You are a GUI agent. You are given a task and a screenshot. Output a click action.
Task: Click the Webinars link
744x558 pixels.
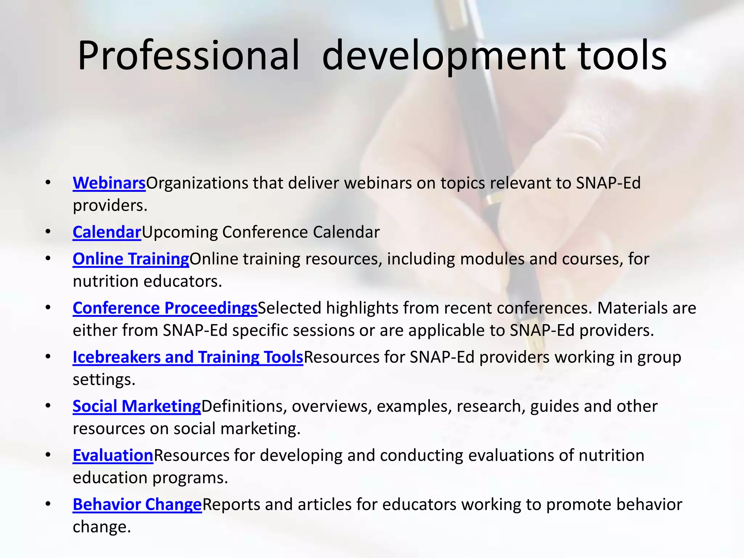(x=109, y=183)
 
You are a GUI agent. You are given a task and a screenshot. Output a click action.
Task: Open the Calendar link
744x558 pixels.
(x=107, y=232)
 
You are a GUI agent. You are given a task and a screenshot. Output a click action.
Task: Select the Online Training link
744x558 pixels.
(x=131, y=259)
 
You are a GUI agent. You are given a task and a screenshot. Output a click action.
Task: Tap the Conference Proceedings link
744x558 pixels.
(x=165, y=308)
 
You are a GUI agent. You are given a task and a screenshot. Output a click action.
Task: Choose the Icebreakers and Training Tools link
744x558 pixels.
(x=188, y=357)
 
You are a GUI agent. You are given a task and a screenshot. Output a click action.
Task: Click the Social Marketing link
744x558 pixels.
(x=137, y=406)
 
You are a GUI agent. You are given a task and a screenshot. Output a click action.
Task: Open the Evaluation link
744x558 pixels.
(x=113, y=455)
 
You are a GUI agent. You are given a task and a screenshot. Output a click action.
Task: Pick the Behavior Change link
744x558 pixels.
(x=137, y=505)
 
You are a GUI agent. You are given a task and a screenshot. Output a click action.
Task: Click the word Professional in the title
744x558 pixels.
(x=188, y=56)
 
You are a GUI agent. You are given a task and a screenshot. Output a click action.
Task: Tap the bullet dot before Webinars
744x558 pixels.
(x=48, y=182)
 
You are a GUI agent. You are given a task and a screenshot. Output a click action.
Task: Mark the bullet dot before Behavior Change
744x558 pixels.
(x=48, y=504)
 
